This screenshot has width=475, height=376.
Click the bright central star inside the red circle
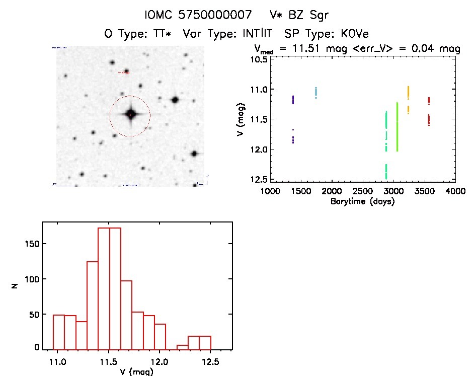pyautogui.click(x=130, y=115)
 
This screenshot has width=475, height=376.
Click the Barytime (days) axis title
pyautogui.click(x=362, y=201)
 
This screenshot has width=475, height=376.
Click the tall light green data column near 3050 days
pyautogui.click(x=397, y=127)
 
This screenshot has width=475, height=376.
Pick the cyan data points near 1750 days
pyautogui.click(x=316, y=93)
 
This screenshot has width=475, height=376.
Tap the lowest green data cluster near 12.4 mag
pyautogui.click(x=386, y=171)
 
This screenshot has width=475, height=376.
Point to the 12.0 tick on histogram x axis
pyautogui.click(x=160, y=362)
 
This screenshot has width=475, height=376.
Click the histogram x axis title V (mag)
pyautogui.click(x=137, y=372)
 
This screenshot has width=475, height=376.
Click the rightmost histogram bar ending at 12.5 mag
pyautogui.click(x=205, y=342)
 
